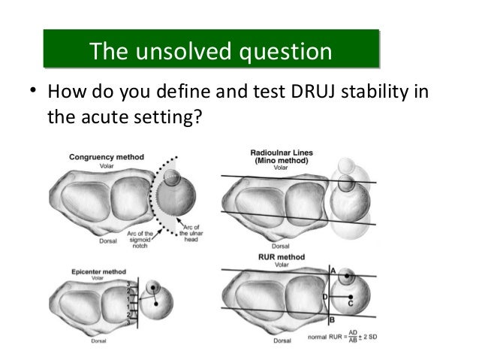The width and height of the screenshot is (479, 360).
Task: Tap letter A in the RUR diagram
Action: [x=332, y=269]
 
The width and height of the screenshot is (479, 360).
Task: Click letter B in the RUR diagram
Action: [x=332, y=319]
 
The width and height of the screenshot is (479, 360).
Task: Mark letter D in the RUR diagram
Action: [x=324, y=297]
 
